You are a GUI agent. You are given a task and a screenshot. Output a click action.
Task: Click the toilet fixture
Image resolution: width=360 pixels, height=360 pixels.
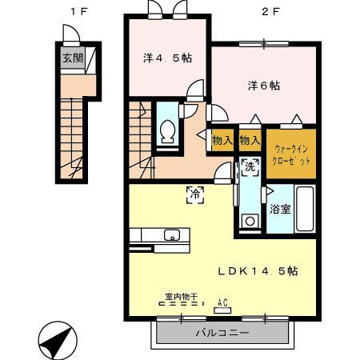click(169, 130)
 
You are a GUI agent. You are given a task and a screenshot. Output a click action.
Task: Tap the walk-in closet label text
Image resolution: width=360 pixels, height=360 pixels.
click(290, 154)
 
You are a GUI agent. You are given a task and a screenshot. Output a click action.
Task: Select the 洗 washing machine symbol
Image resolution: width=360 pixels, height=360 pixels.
click(249, 168)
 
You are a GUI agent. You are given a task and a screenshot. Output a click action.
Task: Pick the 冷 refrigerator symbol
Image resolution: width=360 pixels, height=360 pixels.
click(194, 192)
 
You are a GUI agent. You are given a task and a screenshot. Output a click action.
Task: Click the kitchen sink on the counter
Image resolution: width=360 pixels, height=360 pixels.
click(171, 235)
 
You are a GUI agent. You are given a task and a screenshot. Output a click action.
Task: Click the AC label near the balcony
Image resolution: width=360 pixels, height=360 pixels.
click(223, 302)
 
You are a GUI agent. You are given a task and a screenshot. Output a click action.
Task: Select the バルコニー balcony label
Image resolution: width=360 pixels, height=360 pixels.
click(222, 333)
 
